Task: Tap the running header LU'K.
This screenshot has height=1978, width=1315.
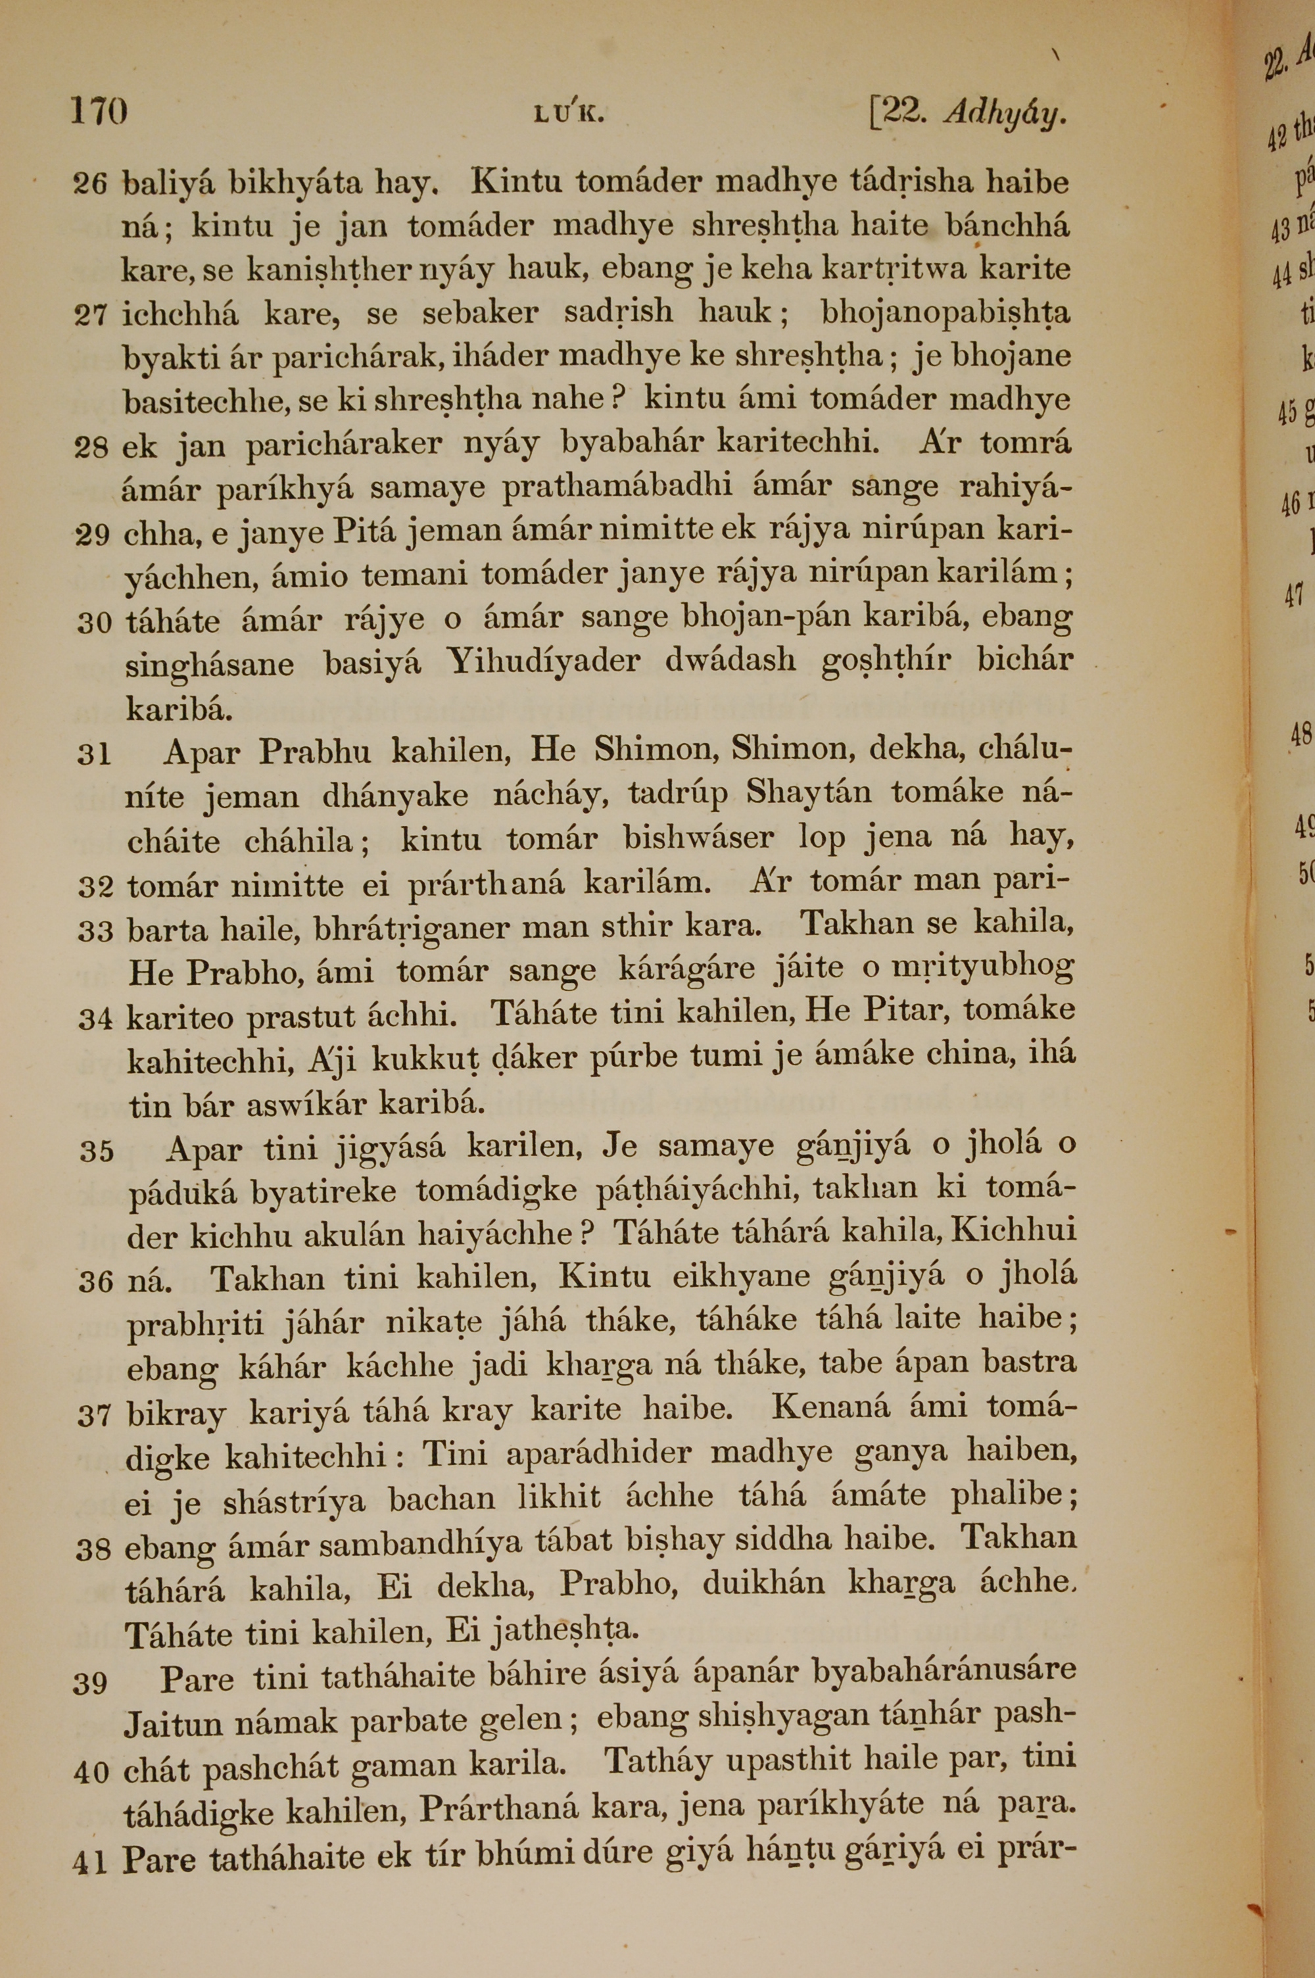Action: (569, 115)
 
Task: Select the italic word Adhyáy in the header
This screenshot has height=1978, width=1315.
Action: (1005, 114)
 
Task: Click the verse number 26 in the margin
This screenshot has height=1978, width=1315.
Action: (91, 183)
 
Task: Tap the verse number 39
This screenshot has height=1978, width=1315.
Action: (91, 1682)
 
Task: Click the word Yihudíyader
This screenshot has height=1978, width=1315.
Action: (544, 662)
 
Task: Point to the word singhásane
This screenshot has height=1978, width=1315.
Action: (210, 665)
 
